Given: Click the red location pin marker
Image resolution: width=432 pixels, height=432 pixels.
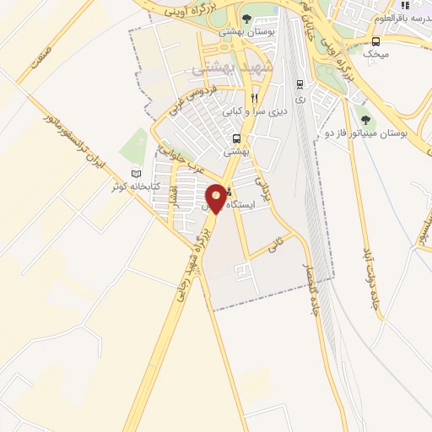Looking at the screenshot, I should (217, 197).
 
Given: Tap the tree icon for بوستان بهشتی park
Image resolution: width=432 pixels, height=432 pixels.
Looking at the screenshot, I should (246, 18).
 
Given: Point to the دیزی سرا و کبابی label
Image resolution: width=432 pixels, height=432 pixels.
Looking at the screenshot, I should (256, 111).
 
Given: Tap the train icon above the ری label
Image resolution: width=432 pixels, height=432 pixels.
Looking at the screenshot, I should (300, 84).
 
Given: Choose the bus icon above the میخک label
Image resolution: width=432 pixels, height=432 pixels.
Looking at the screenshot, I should (375, 41).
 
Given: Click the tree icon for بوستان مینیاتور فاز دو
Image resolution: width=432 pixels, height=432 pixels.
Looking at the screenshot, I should (364, 121).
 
